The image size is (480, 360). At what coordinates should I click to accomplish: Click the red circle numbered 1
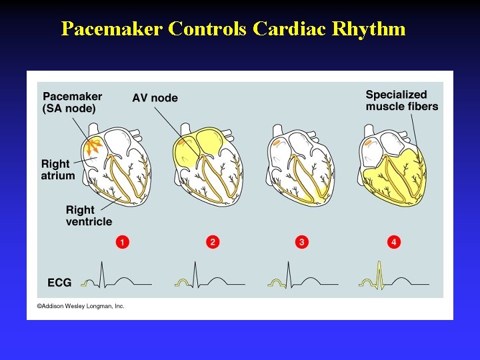(122, 242)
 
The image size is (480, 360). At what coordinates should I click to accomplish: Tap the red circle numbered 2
(213, 242)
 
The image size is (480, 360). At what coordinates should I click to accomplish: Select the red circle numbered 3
(302, 242)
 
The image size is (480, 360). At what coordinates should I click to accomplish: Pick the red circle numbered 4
(394, 242)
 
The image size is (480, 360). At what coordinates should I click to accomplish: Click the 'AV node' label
(155, 98)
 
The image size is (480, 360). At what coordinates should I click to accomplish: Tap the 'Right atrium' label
(57, 169)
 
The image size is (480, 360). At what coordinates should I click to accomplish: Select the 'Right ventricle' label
(89, 215)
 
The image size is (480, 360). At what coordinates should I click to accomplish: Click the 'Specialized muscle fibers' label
(401, 101)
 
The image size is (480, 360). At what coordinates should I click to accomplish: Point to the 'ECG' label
(59, 283)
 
